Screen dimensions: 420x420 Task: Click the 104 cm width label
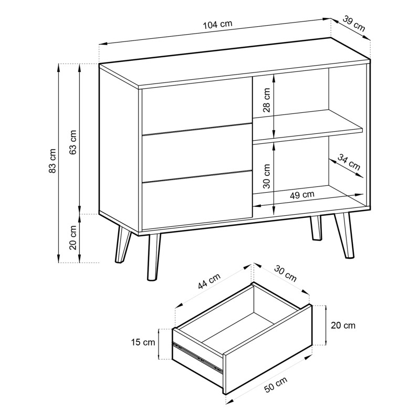tap(217, 24)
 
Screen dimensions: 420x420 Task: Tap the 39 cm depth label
tap(353, 24)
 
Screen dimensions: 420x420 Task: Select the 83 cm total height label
tap(52, 161)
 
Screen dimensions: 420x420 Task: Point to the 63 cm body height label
tap(73, 142)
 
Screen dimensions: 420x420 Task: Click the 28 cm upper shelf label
tap(267, 100)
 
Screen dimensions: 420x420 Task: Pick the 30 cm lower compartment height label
tap(267, 176)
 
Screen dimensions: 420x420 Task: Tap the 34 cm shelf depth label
tap(349, 162)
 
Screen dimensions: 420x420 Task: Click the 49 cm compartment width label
tap(302, 195)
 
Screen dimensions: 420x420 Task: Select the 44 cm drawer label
tap(209, 281)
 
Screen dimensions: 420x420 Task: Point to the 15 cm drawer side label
tap(143, 342)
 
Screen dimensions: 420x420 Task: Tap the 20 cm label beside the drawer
tap(343, 325)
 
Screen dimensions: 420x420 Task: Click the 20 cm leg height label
tap(73, 237)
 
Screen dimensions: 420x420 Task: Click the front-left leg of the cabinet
tap(153, 257)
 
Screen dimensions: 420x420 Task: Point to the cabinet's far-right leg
tap(344, 235)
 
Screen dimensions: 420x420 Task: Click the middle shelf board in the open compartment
tap(308, 125)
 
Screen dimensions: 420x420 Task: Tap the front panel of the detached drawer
tap(268, 349)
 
